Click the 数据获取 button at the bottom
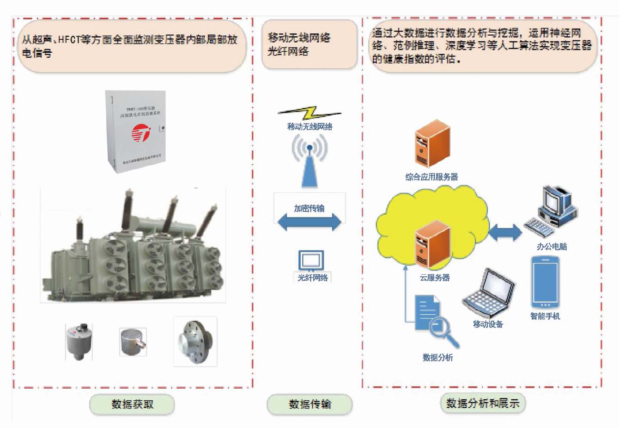click(132, 404)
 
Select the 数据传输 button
click(309, 404)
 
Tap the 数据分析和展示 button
click(483, 403)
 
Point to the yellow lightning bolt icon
click(309, 112)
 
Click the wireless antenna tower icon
click(309, 164)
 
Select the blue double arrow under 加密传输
click(309, 223)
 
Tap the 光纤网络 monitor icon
click(311, 261)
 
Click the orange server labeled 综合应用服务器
click(431, 144)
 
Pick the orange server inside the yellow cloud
click(431, 244)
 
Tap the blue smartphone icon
click(545, 283)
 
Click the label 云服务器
click(434, 278)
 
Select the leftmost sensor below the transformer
click(79, 342)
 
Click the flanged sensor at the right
click(195, 341)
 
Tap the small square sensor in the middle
click(133, 342)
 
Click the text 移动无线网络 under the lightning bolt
click(309, 126)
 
